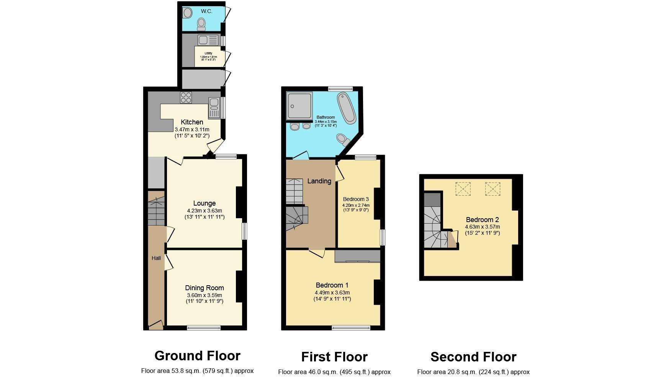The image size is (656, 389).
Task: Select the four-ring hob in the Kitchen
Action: (186, 97)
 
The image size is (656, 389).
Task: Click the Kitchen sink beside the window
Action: (214, 108)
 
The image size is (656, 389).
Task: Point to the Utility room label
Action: (208, 53)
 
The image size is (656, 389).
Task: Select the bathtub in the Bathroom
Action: (347, 107)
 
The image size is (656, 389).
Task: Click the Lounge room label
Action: (204, 203)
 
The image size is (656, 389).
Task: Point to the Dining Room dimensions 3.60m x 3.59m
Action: (204, 295)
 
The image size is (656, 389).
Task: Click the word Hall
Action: (156, 258)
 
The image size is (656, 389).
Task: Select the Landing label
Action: (319, 181)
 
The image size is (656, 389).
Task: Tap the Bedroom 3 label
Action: (356, 199)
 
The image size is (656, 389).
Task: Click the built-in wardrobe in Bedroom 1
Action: (357, 256)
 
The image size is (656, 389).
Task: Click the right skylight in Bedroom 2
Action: (492, 189)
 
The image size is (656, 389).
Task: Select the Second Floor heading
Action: (473, 357)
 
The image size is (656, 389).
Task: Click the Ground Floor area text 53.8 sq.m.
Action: (197, 371)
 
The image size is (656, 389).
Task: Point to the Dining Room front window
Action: (204, 328)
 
